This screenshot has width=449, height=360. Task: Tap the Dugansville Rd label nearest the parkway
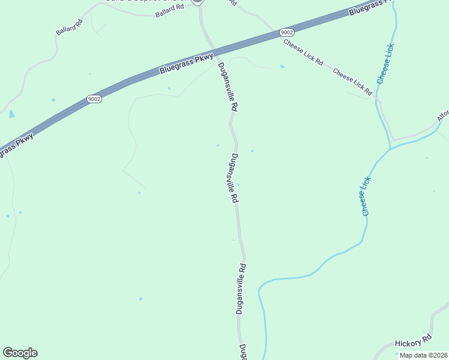click(228, 86)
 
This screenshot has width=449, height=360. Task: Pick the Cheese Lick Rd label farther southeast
click(352, 83)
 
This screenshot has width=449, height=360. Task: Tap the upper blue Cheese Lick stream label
click(385, 63)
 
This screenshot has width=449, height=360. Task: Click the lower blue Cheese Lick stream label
click(367, 196)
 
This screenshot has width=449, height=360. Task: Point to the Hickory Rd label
click(413, 341)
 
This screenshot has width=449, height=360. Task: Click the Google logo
click(20, 353)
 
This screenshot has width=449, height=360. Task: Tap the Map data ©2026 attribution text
click(424, 355)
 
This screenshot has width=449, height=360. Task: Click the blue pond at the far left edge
click(11, 113)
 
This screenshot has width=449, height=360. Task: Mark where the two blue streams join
click(390, 148)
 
